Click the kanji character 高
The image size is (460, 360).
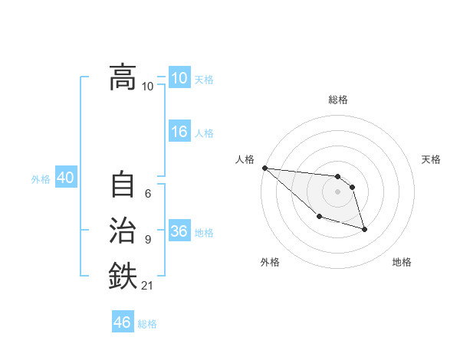coord(123,77)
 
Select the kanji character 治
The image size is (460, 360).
coord(123,231)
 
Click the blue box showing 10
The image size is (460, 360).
coord(179,77)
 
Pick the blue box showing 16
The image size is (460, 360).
coord(179,132)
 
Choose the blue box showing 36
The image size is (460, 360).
coord(179,231)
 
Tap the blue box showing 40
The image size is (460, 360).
coord(65,178)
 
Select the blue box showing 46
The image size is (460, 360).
coord(123,322)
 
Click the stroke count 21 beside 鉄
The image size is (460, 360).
coord(147,286)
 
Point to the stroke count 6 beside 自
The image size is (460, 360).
coord(148,194)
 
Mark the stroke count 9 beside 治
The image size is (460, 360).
coord(148,240)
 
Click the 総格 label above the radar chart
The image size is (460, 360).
coord(337,100)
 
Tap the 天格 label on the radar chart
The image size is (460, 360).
coord(431,159)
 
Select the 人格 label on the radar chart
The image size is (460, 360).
coord(245,159)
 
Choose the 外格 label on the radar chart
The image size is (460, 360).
coord(270,262)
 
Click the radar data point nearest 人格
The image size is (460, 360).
coord(264,168)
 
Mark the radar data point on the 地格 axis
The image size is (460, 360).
coord(364,229)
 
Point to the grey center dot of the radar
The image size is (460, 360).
coord(337,191)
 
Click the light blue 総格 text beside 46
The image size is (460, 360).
coord(147,323)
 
